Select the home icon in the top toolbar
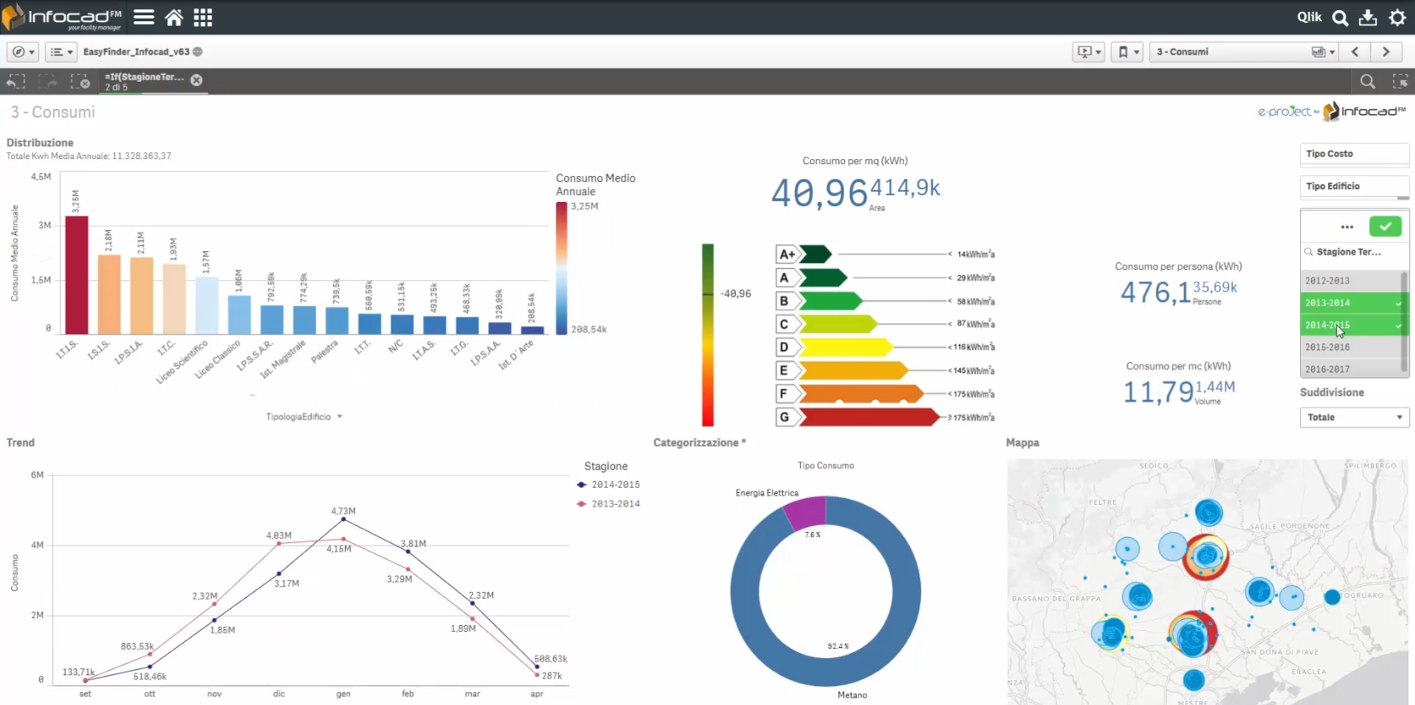click(x=174, y=17)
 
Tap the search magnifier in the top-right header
click(x=1340, y=17)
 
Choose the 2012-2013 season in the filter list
click(x=1327, y=280)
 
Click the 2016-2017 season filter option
click(x=1327, y=370)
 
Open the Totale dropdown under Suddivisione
click(x=1354, y=417)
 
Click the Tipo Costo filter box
click(x=1354, y=154)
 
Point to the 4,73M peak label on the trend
click(x=343, y=511)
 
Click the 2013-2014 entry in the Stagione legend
click(x=615, y=504)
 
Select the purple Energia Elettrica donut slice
click(x=806, y=512)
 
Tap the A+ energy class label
click(x=787, y=254)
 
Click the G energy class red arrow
click(x=869, y=417)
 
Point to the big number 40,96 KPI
click(x=819, y=193)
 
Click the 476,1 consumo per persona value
click(x=1155, y=293)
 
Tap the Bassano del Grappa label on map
click(x=1055, y=599)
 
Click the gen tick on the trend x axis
click(x=343, y=694)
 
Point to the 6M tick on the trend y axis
click(x=37, y=475)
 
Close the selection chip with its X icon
click(x=197, y=80)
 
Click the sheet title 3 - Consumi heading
click(x=53, y=112)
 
